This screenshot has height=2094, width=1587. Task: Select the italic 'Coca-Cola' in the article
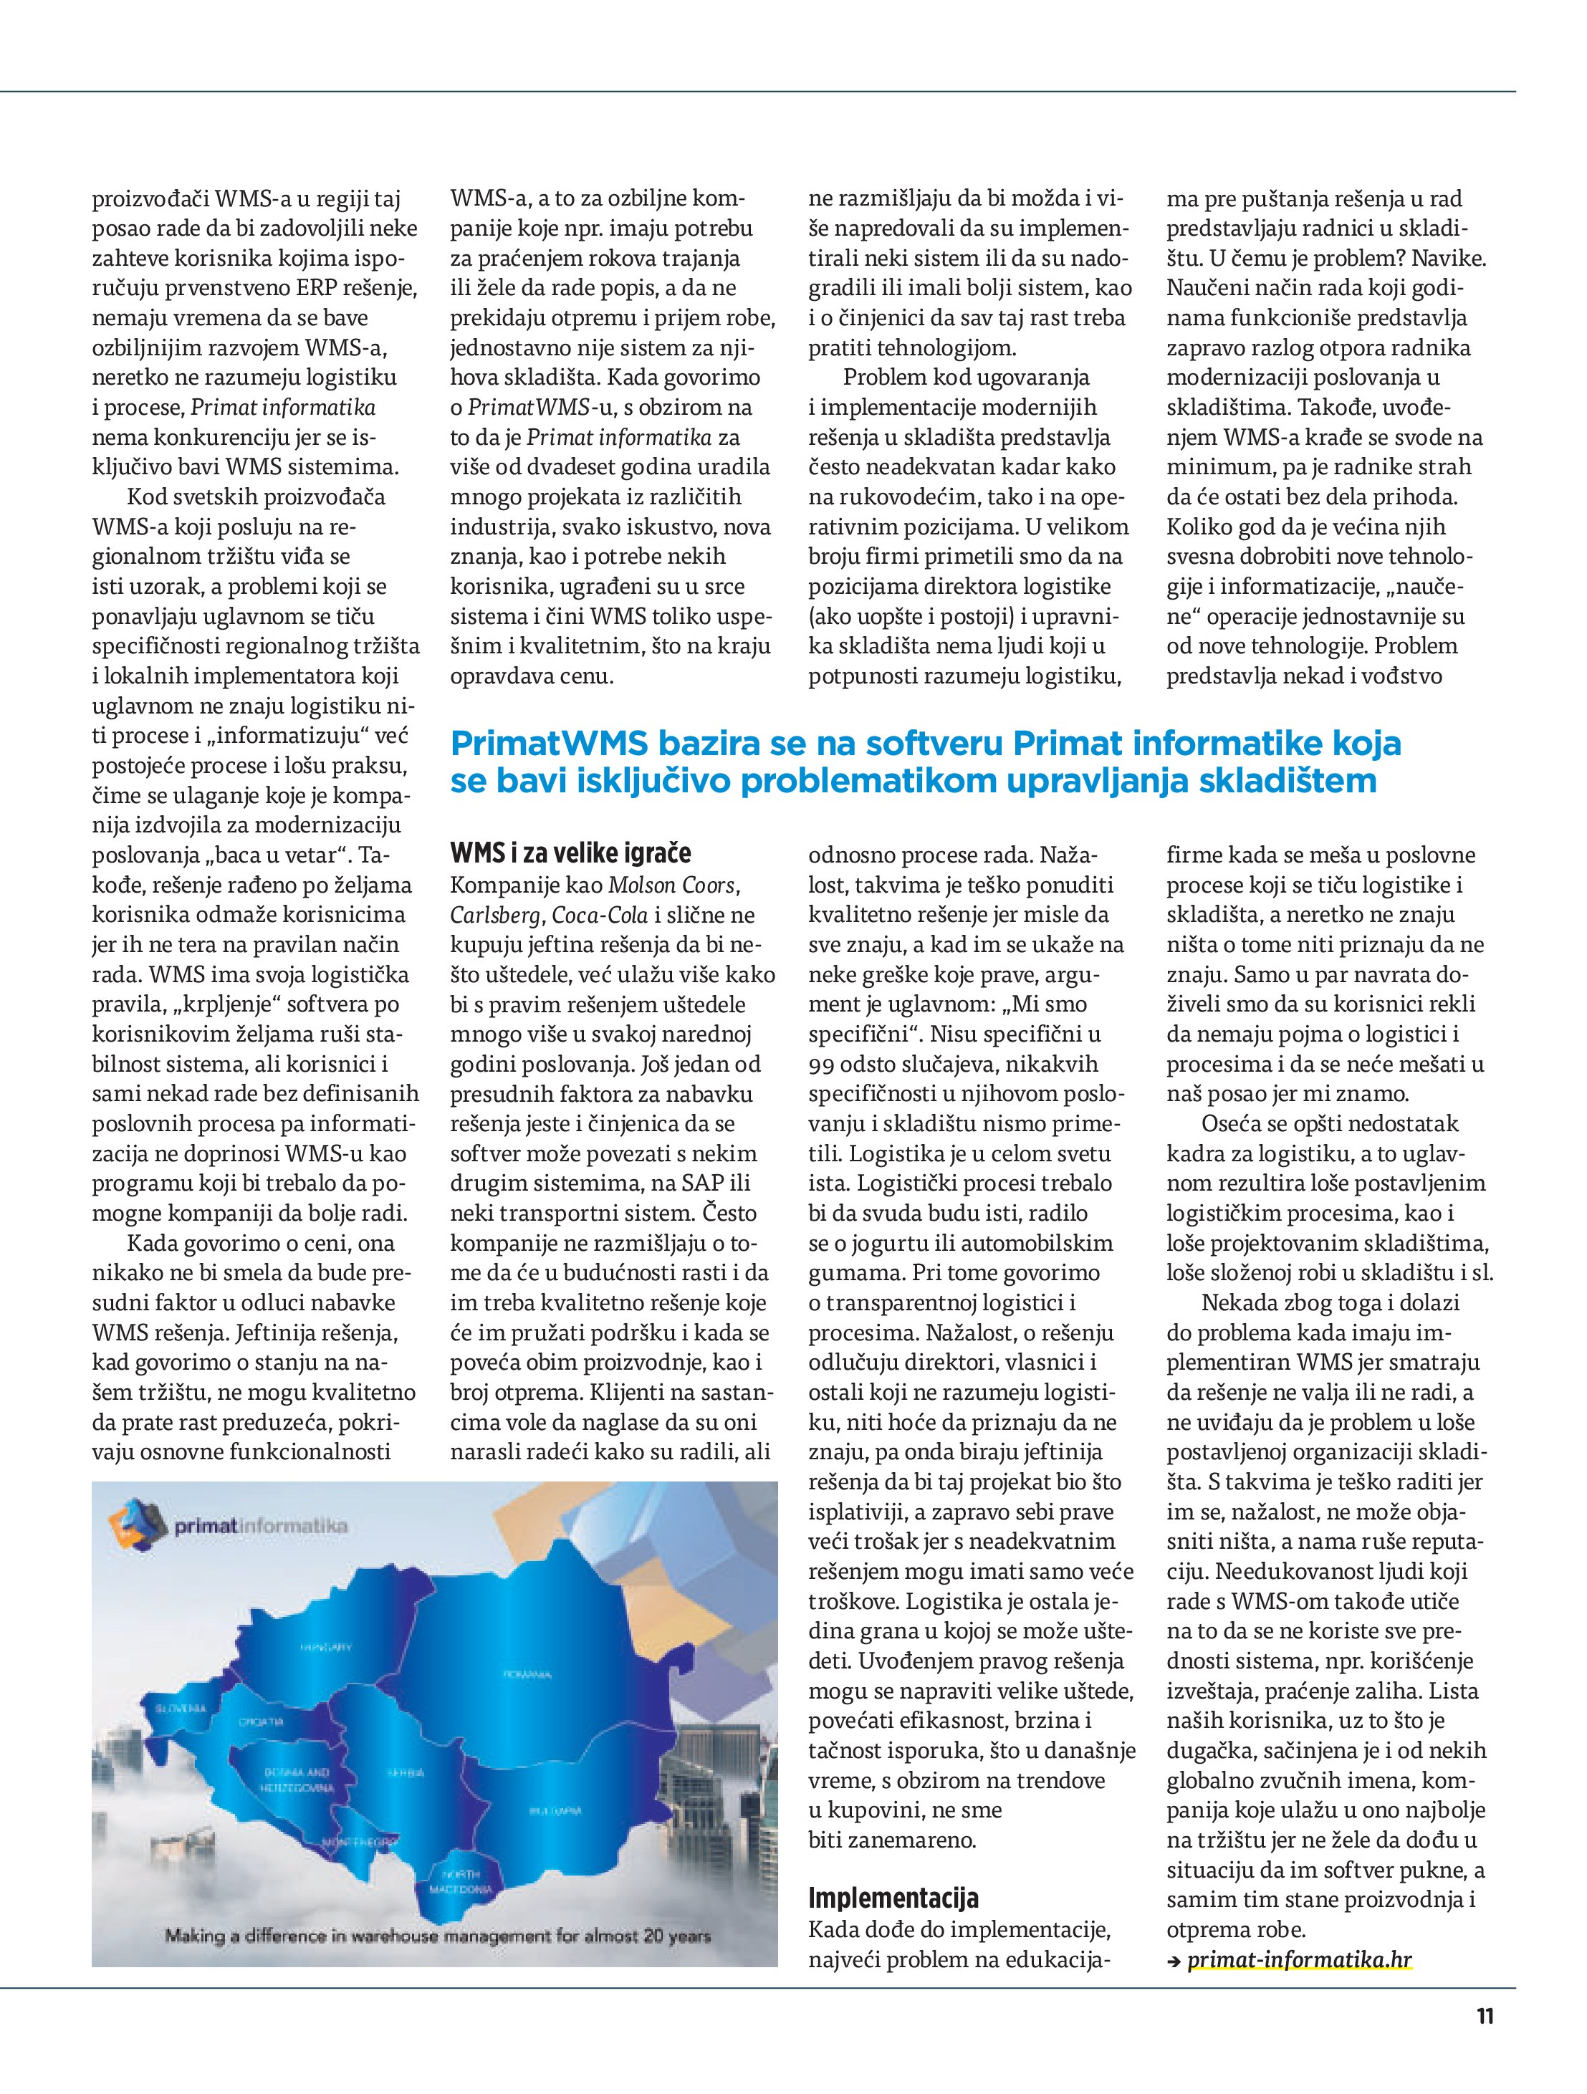(601, 916)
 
